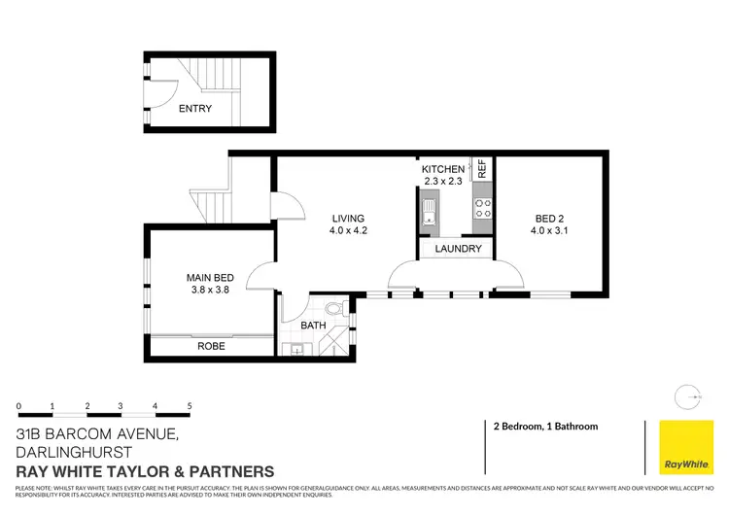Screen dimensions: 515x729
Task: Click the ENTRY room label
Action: coord(194,109)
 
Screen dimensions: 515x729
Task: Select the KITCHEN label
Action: coord(443,169)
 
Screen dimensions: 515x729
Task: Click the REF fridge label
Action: coord(480,167)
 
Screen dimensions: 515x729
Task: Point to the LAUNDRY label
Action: coord(458,249)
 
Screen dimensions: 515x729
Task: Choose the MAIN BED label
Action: coord(211,279)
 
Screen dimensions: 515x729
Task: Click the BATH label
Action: coord(313,326)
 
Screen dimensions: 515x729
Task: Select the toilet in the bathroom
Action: coord(334,310)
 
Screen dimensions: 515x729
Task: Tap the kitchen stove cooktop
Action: coord(481,208)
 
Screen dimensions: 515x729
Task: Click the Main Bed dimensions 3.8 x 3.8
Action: coord(211,292)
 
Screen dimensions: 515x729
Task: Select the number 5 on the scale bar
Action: coord(190,406)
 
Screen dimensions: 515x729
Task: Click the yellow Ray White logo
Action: coord(685,447)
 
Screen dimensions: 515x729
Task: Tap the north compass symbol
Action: coord(688,395)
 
